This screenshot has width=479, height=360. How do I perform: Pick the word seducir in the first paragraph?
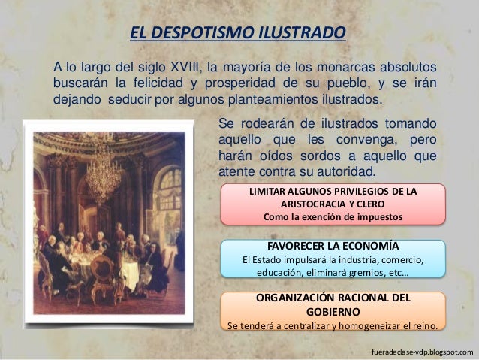131,100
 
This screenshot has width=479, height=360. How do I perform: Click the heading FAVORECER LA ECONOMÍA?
333,247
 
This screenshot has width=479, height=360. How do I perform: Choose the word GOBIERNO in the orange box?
333,312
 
